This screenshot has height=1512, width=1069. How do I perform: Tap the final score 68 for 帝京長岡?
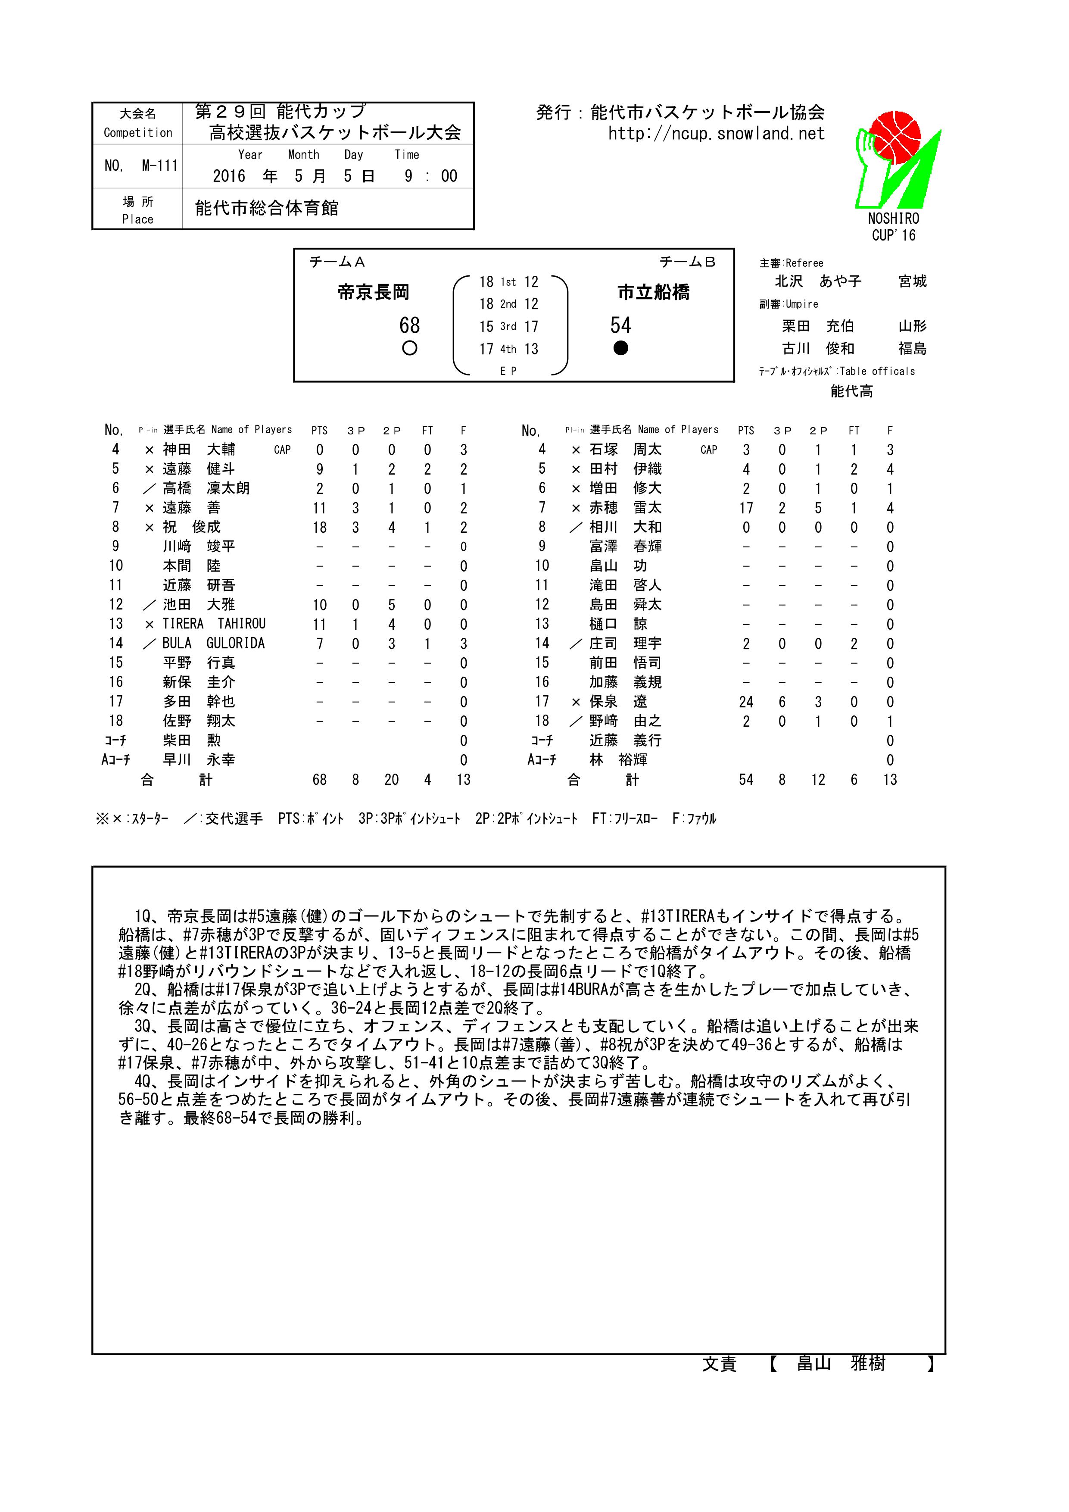coord(409,325)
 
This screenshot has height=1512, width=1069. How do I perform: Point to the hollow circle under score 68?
coord(409,348)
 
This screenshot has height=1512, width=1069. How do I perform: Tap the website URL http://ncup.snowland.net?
coord(716,134)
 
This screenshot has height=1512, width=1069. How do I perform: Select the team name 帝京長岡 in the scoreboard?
coord(373,292)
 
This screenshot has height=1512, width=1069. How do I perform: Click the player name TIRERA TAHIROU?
coord(214,624)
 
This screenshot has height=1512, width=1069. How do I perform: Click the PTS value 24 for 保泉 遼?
coord(746,702)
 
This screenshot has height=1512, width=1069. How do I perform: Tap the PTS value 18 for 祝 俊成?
coord(319,528)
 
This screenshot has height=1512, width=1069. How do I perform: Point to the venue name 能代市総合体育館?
coord(267,209)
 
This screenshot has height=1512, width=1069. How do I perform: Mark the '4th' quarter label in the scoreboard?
coord(508,349)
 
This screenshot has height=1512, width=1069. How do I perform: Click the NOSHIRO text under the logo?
coord(893,219)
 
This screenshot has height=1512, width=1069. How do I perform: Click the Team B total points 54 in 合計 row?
coord(746,780)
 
